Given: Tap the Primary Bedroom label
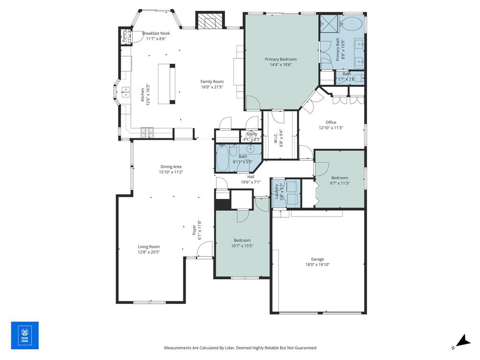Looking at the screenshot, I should pyautogui.click(x=280, y=60).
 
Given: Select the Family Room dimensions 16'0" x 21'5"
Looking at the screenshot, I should pyautogui.click(x=212, y=87).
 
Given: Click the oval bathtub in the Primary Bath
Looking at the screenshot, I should pyautogui.click(x=352, y=23).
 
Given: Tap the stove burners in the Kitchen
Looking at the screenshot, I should pyautogui.click(x=147, y=133).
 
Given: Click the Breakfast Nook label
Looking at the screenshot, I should pyautogui.click(x=156, y=33).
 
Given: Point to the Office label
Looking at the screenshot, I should pyautogui.click(x=331, y=122).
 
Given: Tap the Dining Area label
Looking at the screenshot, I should pyautogui.click(x=171, y=166).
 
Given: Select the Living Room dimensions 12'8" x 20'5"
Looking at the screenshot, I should pyautogui.click(x=149, y=252).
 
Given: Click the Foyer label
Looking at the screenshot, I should pyautogui.click(x=194, y=230).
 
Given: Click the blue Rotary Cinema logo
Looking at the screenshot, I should pyautogui.click(x=25, y=335).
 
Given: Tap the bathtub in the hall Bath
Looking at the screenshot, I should pyautogui.click(x=223, y=158).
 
